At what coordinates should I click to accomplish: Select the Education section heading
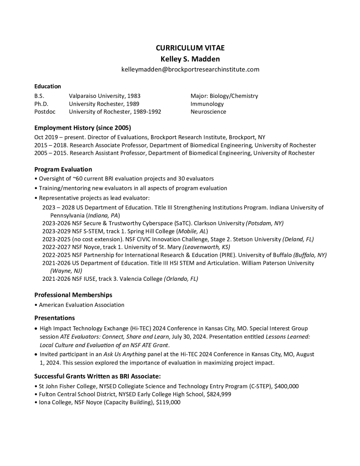click(x=48, y=86)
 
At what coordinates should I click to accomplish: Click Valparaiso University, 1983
click(x=105, y=96)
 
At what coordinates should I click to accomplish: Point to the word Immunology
click(x=207, y=104)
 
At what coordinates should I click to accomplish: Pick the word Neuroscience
click(x=208, y=111)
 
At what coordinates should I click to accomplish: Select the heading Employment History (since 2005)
click(x=83, y=128)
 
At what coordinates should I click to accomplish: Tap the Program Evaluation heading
click(x=63, y=169)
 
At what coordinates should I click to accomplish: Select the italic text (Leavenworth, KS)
click(x=206, y=247)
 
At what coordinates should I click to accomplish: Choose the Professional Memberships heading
click(x=73, y=295)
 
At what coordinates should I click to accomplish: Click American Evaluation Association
click(x=81, y=304)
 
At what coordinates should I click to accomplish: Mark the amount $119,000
click(x=168, y=402)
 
